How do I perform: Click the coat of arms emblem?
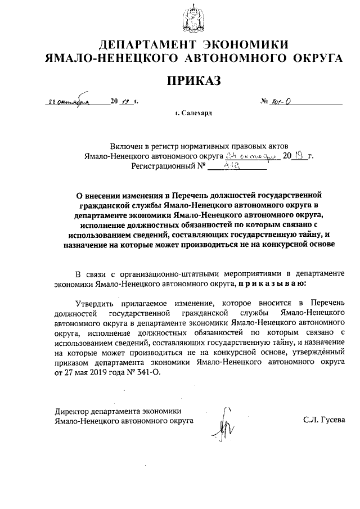point(193,17)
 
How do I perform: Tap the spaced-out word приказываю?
point(272,285)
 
